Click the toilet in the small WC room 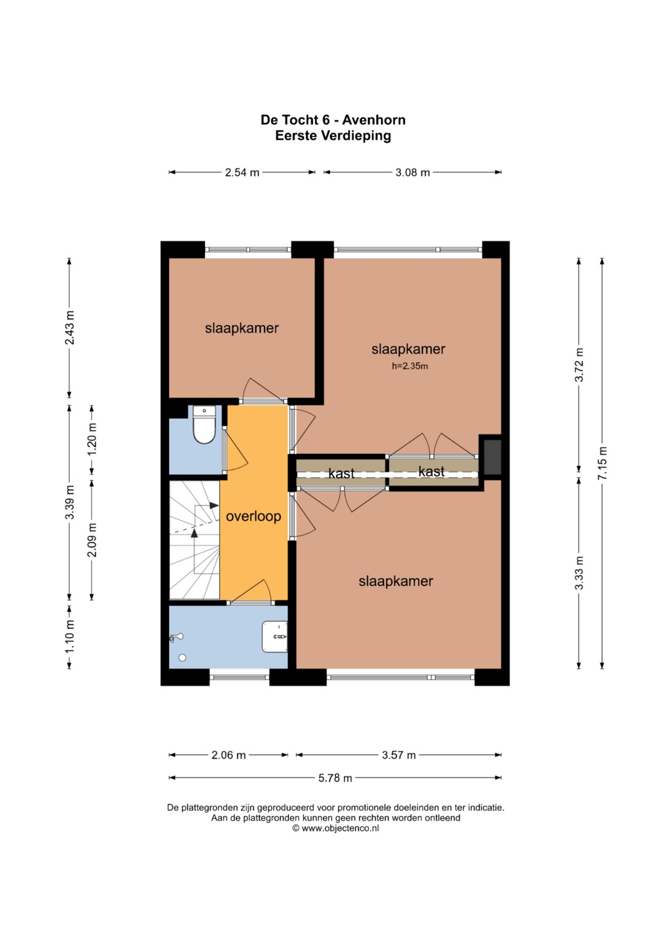pos(204,425)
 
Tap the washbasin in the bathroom pos(275,636)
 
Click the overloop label pos(253,517)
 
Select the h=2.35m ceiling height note pos(409,366)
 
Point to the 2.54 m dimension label pos(242,173)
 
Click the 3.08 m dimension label pos(413,173)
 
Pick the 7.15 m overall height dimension pos(603,463)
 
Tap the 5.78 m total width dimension pos(335,778)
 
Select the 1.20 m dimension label pos(92,439)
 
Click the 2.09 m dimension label pos(92,540)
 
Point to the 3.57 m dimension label pos(399,755)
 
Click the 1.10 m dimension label pos(70,636)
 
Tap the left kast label pos(342,474)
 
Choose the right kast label pos(431,471)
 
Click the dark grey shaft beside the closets pos(492,457)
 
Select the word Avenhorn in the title pos(373,120)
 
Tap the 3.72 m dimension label pos(580,365)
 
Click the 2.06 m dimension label pos(229,755)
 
